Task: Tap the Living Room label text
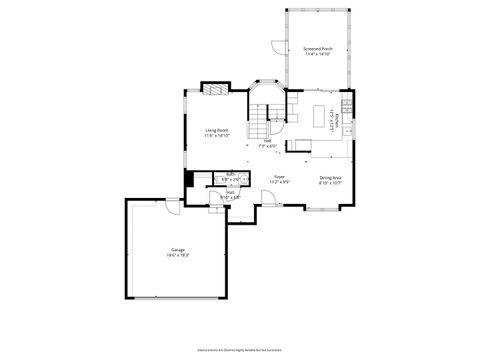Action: coord(217,130)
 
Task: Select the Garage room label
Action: coord(177,250)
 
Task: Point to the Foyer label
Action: coord(280,176)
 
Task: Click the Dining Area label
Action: coord(330,177)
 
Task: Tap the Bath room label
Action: coord(230,173)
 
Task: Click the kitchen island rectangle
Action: coord(322,113)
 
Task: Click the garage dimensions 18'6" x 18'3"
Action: coord(177,256)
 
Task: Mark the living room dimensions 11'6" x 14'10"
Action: coord(217,136)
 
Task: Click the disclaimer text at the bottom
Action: coord(240,349)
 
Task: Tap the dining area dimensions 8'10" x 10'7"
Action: coord(330,183)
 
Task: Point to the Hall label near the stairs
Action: coord(267,140)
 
